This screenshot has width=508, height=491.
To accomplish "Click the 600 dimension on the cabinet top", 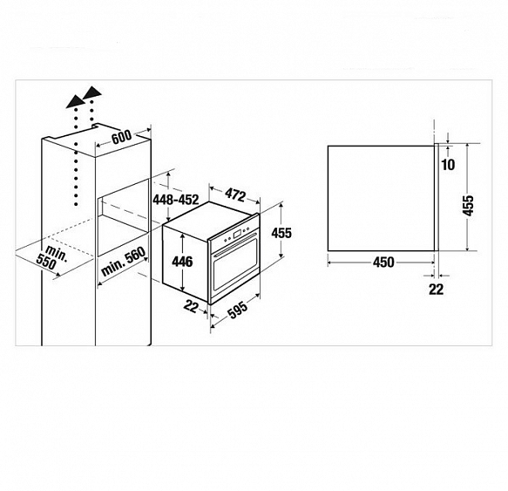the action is pos(121,137).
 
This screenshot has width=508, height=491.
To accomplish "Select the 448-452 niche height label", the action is pos(176,200).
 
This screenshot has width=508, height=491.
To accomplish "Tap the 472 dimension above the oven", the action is pos(235,194).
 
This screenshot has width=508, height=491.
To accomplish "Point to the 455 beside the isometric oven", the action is pos(281,233).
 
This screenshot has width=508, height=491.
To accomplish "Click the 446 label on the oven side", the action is pos(182,262).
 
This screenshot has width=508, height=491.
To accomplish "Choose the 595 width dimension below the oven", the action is pos(238,310).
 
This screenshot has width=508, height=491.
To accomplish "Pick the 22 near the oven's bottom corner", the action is pos(191,306).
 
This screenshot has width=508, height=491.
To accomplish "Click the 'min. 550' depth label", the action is pos(52,258).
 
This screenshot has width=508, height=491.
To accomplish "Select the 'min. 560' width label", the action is pos(123,261).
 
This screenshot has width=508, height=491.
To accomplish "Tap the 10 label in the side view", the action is pos(449,165).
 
